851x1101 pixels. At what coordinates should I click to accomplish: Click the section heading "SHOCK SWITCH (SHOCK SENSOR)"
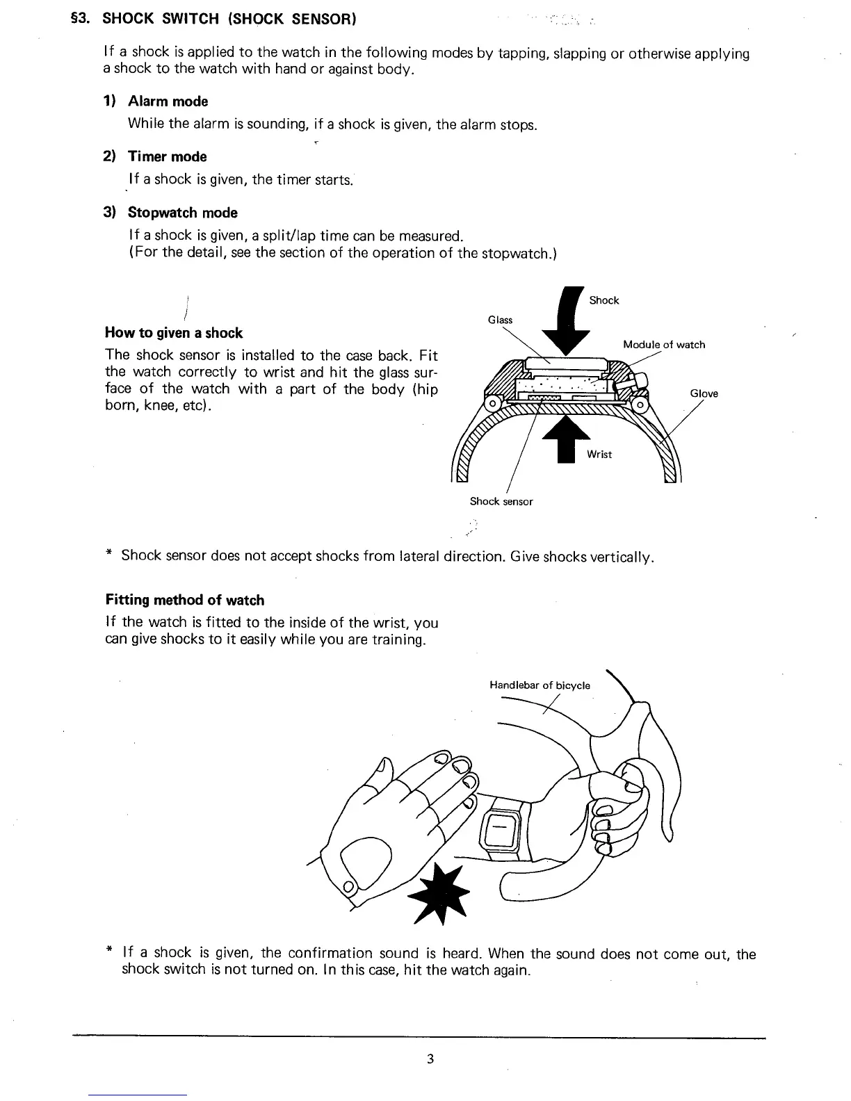229,19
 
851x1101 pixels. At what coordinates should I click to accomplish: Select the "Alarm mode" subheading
168,101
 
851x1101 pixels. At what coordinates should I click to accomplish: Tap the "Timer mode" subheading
167,157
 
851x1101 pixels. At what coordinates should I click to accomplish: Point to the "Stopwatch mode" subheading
182,213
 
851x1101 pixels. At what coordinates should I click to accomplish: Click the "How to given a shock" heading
174,333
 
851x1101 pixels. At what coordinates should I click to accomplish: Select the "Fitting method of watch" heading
185,600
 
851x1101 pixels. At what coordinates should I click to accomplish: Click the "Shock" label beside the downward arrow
603,300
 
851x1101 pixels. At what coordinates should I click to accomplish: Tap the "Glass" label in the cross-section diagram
500,320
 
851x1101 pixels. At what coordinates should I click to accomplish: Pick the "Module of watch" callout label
664,345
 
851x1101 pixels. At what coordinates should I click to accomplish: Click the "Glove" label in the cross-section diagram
704,394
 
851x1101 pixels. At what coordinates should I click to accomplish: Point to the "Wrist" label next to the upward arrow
599,455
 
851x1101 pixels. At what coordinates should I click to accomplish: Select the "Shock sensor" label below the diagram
501,501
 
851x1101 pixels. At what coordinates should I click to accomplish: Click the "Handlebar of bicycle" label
540,685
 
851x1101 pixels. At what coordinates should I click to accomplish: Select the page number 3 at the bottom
431,1059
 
